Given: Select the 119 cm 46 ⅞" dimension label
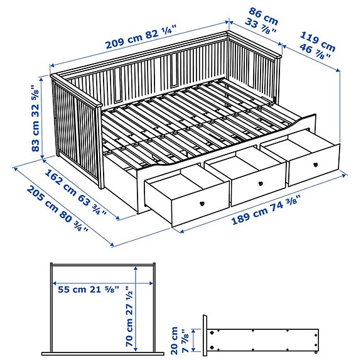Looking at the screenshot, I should (318, 45).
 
